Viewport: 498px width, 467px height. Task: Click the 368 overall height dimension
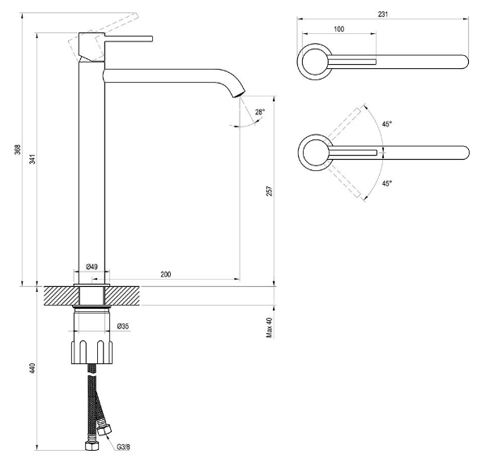tap(18, 149)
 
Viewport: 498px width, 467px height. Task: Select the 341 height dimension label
tap(32, 159)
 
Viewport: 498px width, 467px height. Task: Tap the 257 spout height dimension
tap(270, 191)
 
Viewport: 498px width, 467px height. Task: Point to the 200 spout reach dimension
tap(166, 274)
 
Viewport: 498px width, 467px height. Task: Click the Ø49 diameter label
tap(92, 267)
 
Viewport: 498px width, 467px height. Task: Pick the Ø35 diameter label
tap(123, 326)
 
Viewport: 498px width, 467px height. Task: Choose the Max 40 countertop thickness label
tap(270, 328)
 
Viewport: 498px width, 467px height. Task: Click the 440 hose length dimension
tap(32, 368)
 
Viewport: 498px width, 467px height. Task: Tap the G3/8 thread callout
tap(123, 447)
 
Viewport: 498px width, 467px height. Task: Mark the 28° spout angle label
tap(260, 112)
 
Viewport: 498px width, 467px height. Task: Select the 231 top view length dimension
tap(383, 15)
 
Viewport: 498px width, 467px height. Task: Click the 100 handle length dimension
tap(338, 29)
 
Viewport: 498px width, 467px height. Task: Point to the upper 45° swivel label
tap(387, 124)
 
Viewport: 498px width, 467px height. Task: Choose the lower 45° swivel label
tap(387, 183)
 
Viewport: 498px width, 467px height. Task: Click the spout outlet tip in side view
tap(240, 93)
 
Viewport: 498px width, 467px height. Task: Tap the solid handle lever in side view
tap(129, 39)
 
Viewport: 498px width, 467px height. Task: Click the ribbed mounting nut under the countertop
tap(92, 352)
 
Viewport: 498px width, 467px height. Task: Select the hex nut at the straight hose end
tap(92, 445)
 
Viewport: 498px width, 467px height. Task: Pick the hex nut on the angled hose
tap(104, 430)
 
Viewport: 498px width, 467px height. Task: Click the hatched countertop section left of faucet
tap(61, 296)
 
